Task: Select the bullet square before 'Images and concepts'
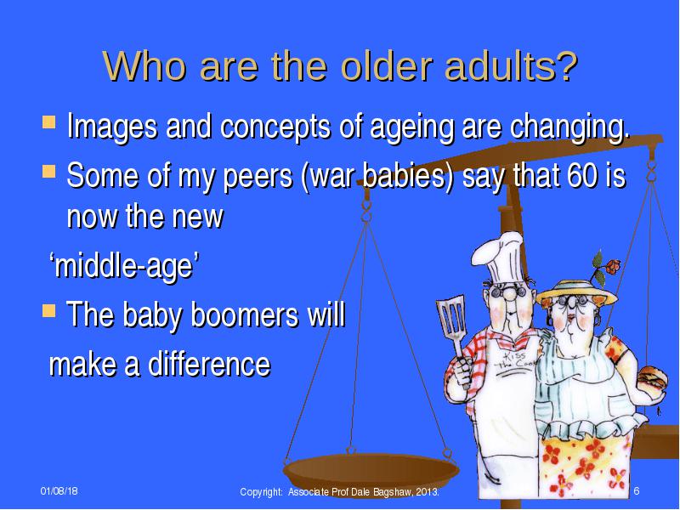pyautogui.click(x=48, y=122)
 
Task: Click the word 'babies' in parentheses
pyautogui.click(x=407, y=176)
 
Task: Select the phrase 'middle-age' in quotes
pyautogui.click(x=123, y=265)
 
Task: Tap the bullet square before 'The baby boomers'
pyautogui.click(x=48, y=310)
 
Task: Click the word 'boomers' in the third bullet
pyautogui.click(x=244, y=314)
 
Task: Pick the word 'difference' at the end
pyautogui.click(x=209, y=364)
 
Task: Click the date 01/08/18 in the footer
pyautogui.click(x=59, y=491)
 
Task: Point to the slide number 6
pyautogui.click(x=637, y=491)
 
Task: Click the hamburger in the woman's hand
pyautogui.click(x=653, y=378)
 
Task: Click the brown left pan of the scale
pyautogui.click(x=371, y=472)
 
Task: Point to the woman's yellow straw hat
pyautogui.click(x=576, y=292)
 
